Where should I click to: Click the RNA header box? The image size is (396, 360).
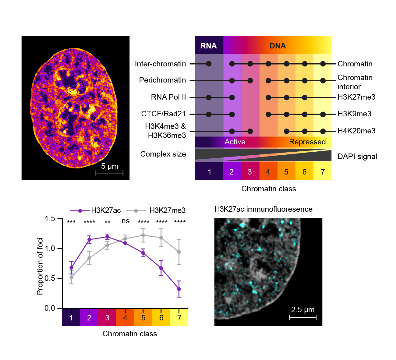click(x=209, y=46)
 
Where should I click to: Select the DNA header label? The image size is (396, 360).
click(x=278, y=46)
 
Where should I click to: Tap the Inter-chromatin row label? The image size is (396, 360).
click(x=160, y=64)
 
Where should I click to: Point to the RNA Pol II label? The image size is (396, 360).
click(x=168, y=97)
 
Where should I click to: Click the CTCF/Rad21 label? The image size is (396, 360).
click(x=163, y=114)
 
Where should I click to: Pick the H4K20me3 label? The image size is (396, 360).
click(x=356, y=131)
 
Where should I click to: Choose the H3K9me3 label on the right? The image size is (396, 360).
click(x=354, y=114)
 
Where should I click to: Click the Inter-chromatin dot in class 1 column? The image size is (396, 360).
click(x=209, y=64)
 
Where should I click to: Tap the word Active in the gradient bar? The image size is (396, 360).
click(x=235, y=142)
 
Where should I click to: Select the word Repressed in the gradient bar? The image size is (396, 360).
click(x=307, y=142)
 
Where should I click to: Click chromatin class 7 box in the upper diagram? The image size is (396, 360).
click(x=323, y=172)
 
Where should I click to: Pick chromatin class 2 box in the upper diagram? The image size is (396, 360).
click(x=232, y=172)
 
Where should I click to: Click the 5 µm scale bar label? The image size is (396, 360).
click(x=110, y=166)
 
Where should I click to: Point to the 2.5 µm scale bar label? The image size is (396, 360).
click(x=302, y=310)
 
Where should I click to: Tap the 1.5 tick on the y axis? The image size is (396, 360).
click(x=50, y=219)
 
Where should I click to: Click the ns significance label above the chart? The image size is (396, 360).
click(x=126, y=221)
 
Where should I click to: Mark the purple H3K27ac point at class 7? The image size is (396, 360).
click(x=179, y=289)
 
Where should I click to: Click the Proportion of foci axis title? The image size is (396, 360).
click(x=40, y=266)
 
